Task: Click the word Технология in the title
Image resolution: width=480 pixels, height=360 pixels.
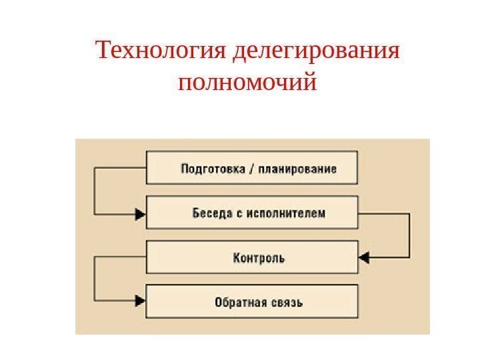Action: click(163, 51)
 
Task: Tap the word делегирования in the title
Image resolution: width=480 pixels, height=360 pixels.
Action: click(317, 51)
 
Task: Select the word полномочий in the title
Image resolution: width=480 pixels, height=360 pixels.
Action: click(247, 84)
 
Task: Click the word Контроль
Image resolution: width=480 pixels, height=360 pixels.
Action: click(257, 257)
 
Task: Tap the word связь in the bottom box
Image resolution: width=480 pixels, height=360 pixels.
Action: click(283, 302)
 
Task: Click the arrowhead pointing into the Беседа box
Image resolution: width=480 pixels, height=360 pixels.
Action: click(140, 214)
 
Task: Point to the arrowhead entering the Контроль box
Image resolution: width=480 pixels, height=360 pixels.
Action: click(364, 257)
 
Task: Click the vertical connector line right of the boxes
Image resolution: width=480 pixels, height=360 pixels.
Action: click(409, 235)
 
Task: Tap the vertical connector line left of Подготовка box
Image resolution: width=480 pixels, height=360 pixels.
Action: click(95, 191)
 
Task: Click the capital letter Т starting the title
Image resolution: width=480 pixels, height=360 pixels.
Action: click(102, 51)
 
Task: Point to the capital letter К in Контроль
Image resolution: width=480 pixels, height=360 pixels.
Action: click(236, 257)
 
